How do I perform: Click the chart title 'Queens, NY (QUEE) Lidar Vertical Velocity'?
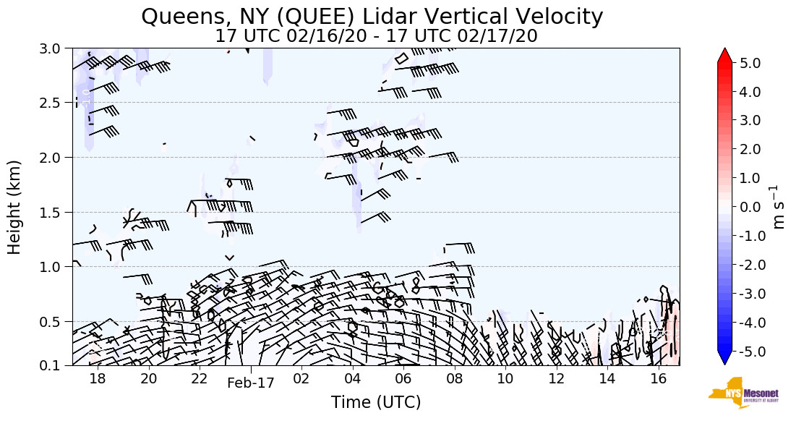372,16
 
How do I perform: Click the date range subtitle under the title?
376,35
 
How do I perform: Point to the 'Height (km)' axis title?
14,207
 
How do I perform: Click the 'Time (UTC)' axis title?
376,402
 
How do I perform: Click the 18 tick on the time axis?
98,379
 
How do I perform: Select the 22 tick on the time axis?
200,379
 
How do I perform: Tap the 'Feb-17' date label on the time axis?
250,383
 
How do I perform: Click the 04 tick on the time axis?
352,379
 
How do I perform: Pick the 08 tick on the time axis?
454,379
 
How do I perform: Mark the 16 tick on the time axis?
658,379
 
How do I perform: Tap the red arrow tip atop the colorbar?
725,55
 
